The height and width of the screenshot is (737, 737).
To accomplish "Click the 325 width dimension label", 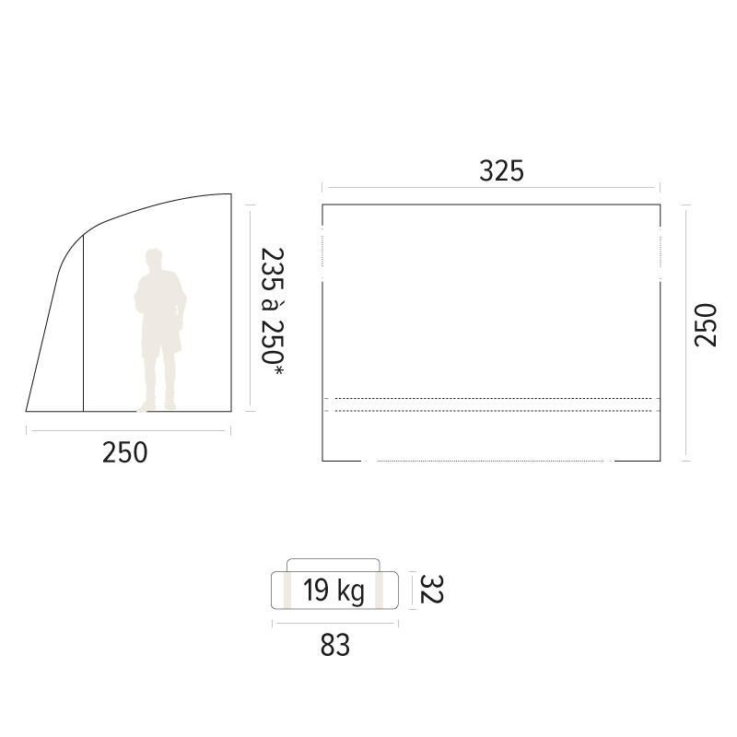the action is click(501, 171).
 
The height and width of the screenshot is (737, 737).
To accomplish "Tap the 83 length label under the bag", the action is click(335, 646).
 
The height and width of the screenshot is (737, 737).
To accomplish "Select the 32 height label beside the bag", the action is click(431, 589).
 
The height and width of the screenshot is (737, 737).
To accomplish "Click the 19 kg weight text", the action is click(333, 591).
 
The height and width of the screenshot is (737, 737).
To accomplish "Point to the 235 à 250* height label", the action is click(273, 311).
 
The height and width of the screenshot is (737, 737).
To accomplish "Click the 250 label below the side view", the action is click(125, 452).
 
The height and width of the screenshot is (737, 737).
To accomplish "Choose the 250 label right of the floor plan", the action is click(706, 325).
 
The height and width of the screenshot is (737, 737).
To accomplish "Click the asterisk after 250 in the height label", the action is click(278, 371).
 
